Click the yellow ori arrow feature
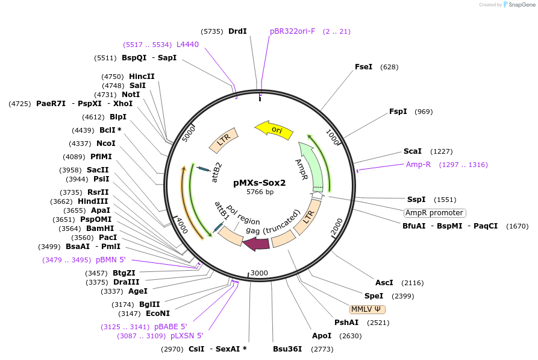(x=274, y=130)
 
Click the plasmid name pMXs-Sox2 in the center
(x=260, y=182)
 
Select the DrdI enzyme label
(x=237, y=31)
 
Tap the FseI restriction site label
(x=363, y=67)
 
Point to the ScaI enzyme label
(x=412, y=151)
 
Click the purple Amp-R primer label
(x=418, y=165)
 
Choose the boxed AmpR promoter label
(x=434, y=213)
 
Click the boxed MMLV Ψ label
(x=367, y=309)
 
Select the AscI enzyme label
(x=384, y=282)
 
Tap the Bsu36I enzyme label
(x=287, y=349)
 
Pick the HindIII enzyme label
(x=93, y=201)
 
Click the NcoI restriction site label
(x=106, y=144)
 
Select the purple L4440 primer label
(x=187, y=45)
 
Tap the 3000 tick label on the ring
(x=259, y=273)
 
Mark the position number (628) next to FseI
(x=389, y=67)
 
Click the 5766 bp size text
(x=260, y=192)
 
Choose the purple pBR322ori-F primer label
(x=293, y=31)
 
